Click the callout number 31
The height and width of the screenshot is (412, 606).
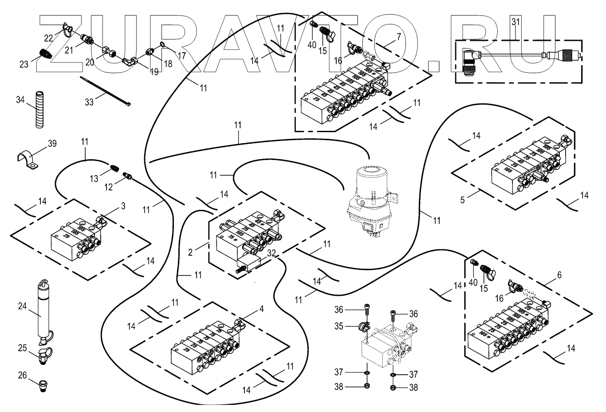tap(515, 21)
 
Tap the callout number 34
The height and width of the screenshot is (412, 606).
tap(20, 100)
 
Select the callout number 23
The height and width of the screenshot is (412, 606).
tap(24, 64)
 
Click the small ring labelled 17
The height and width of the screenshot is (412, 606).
tap(163, 44)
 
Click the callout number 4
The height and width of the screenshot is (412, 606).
tap(261, 309)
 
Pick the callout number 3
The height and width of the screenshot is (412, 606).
tap(123, 206)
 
